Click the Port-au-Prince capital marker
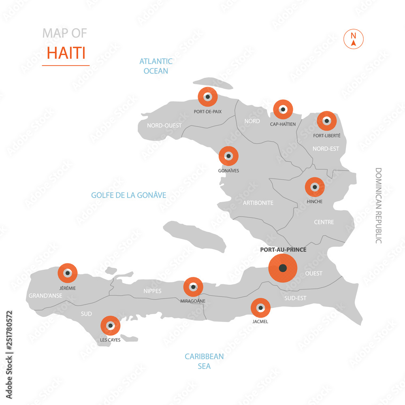click(283, 268)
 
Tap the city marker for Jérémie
click(68, 273)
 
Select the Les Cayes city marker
click(110, 326)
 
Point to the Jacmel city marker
click(260, 308)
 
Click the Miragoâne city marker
click(193, 287)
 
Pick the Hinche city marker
click(315, 187)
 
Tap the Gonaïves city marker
click(228, 156)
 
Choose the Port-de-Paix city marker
click(207, 97)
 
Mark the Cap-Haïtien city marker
click(283, 109)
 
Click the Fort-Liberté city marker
click(326, 121)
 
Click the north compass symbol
click(354, 39)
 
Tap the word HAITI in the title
click(66, 53)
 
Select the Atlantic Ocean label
click(156, 66)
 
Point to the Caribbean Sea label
click(204, 361)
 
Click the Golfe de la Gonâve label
click(128, 195)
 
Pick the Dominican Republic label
click(378, 205)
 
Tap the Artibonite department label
click(258, 202)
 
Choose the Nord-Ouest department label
click(164, 126)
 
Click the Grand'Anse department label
click(45, 296)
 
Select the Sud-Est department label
click(295, 298)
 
